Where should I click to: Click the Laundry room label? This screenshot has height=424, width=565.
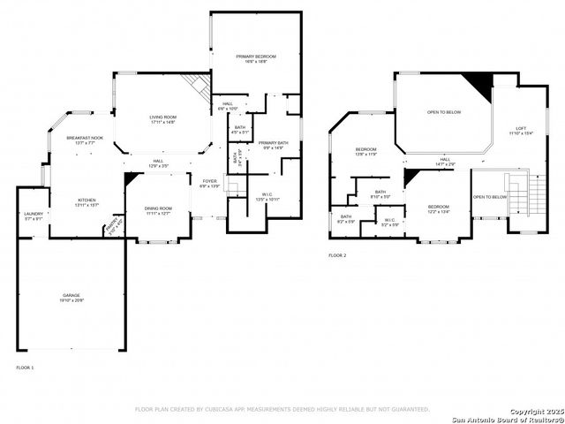pyautogui.click(x=34, y=215)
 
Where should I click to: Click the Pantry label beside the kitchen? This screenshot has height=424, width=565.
pyautogui.click(x=111, y=229)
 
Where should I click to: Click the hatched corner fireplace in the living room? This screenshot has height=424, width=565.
pyautogui.click(x=196, y=87)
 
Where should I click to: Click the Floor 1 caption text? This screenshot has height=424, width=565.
pyautogui.click(x=25, y=367)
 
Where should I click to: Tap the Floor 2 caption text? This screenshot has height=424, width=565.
pyautogui.click(x=337, y=255)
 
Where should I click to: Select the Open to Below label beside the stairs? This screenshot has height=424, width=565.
pyautogui.click(x=490, y=197)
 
